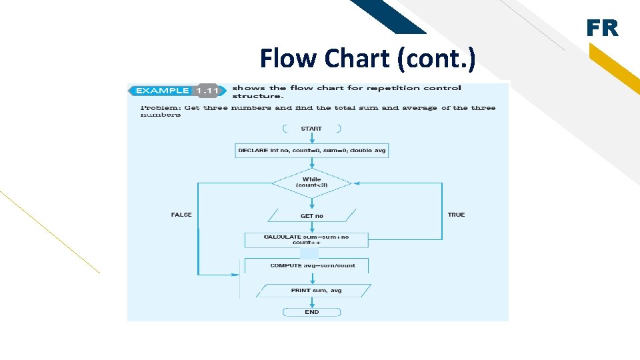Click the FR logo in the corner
pyautogui.click(x=602, y=29)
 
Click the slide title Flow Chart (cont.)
pyautogui.click(x=367, y=59)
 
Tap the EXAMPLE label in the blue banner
pyautogui.click(x=162, y=91)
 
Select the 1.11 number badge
pyautogui.click(x=208, y=91)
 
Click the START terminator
pyautogui.click(x=311, y=129)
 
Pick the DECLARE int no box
pyautogui.click(x=311, y=151)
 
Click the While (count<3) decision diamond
pyautogui.click(x=311, y=182)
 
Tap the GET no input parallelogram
pyautogui.click(x=311, y=216)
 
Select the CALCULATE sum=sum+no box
pyautogui.click(x=306, y=239)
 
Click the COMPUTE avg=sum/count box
pyautogui.click(x=312, y=265)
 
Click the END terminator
pyautogui.click(x=312, y=312)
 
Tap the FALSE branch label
pyautogui.click(x=181, y=215)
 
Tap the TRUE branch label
pyautogui.click(x=456, y=215)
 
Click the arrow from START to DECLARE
pyautogui.click(x=311, y=139)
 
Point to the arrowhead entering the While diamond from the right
pyautogui.click(x=356, y=183)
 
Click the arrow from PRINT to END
pyautogui.click(x=312, y=302)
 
